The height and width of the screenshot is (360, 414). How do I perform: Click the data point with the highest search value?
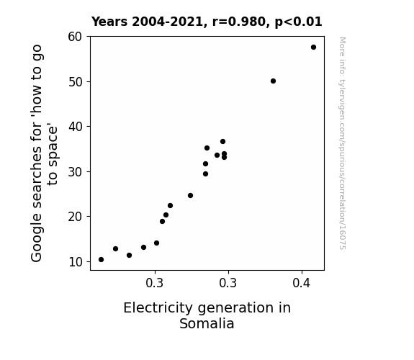tap(313, 48)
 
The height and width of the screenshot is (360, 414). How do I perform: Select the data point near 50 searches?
tap(274, 81)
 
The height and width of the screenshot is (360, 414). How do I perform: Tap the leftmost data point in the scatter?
tap(101, 260)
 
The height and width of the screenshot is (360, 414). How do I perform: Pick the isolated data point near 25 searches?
tap(190, 195)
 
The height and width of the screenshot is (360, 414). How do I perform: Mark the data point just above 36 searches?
tap(223, 142)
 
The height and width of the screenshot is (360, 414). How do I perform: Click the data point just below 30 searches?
tap(205, 174)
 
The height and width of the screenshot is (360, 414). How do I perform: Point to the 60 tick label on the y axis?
tap(75, 37)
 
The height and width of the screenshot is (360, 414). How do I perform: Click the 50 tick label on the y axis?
tap(76, 82)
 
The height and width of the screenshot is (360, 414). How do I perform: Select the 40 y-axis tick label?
tap(76, 127)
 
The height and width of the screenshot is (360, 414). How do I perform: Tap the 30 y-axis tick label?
tap(76, 172)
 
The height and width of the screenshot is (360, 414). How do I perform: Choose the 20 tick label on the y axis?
tap(76, 217)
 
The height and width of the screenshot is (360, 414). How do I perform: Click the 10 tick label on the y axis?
tap(76, 262)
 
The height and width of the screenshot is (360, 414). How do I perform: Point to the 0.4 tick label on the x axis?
tap(301, 283)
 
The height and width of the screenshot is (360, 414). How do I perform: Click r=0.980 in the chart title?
tap(239, 22)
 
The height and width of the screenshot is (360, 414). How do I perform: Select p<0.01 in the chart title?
tap(299, 22)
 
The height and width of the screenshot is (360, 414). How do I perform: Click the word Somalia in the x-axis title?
tap(207, 323)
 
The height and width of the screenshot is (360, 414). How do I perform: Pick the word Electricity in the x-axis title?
tap(158, 308)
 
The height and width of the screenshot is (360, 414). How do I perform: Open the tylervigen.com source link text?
tap(343, 143)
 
